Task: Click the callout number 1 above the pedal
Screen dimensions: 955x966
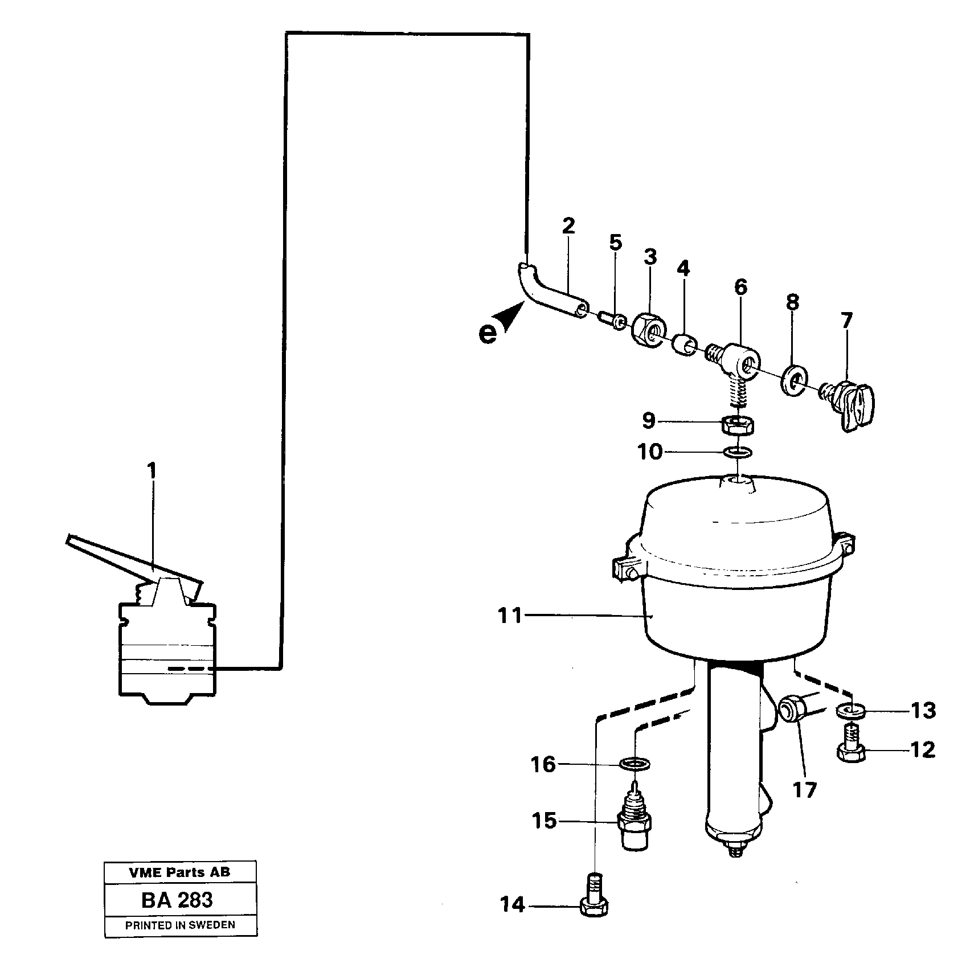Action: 152,472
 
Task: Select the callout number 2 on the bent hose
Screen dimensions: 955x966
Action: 568,226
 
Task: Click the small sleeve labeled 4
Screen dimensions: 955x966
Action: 685,343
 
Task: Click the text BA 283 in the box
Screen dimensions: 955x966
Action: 177,900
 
